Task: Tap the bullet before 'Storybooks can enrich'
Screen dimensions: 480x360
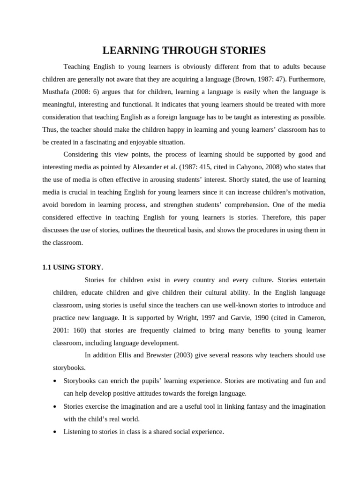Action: [x=55, y=381]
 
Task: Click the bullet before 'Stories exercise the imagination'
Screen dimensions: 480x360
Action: [x=55, y=406]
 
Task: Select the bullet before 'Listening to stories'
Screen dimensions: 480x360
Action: [x=55, y=432]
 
